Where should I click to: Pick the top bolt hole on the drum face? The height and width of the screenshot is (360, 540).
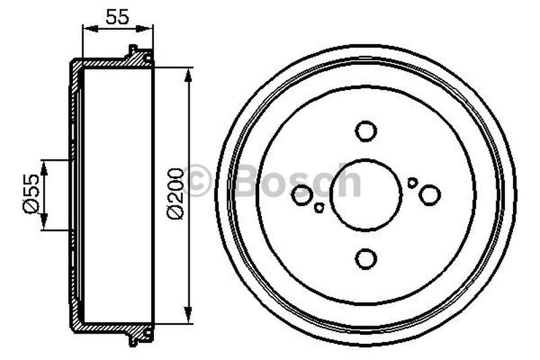[x=367, y=130]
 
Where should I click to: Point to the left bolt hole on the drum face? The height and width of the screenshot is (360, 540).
[x=302, y=195]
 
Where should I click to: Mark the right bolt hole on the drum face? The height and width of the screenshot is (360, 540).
[x=429, y=195]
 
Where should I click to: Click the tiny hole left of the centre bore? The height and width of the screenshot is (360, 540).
[x=319, y=207]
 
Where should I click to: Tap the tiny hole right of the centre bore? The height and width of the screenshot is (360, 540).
[x=412, y=182]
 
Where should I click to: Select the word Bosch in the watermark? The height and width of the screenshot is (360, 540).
[x=297, y=181]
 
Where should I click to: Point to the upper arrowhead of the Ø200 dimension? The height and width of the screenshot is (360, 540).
[x=187, y=73]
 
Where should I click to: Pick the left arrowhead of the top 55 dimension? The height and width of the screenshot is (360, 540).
[x=86, y=28]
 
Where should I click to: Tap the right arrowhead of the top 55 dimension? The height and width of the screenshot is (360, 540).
[x=149, y=28]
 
